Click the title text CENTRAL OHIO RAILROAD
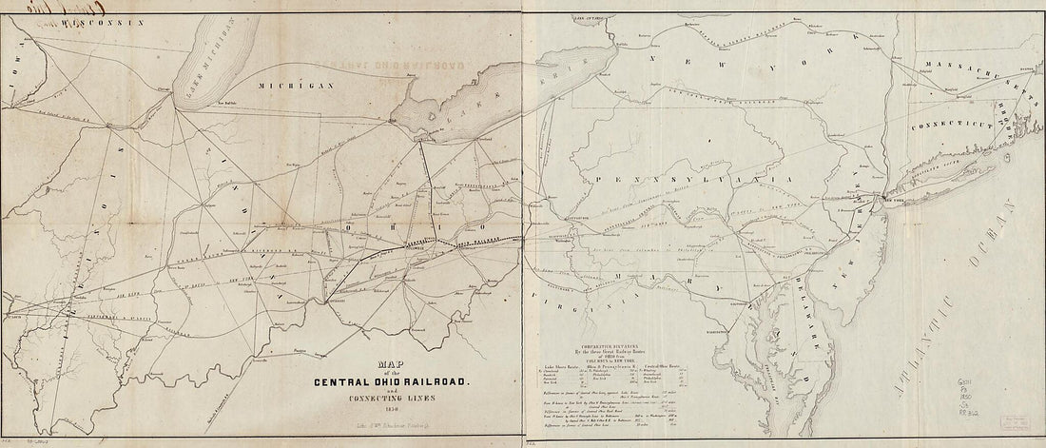click(x=386, y=382)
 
